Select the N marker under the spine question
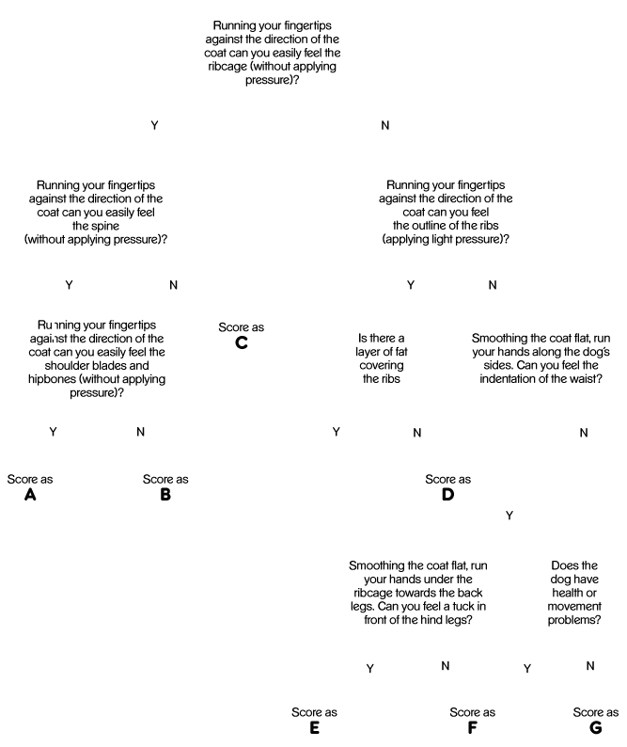(x=172, y=284)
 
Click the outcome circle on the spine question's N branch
(x=242, y=331)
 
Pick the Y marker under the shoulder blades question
(x=54, y=431)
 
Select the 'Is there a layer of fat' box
(x=382, y=358)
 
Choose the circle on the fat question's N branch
(x=448, y=481)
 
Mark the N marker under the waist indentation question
(x=584, y=432)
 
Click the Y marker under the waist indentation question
(x=509, y=515)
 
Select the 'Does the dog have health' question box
(x=574, y=593)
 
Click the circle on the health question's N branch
(x=595, y=718)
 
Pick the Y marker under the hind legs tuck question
(x=370, y=667)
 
